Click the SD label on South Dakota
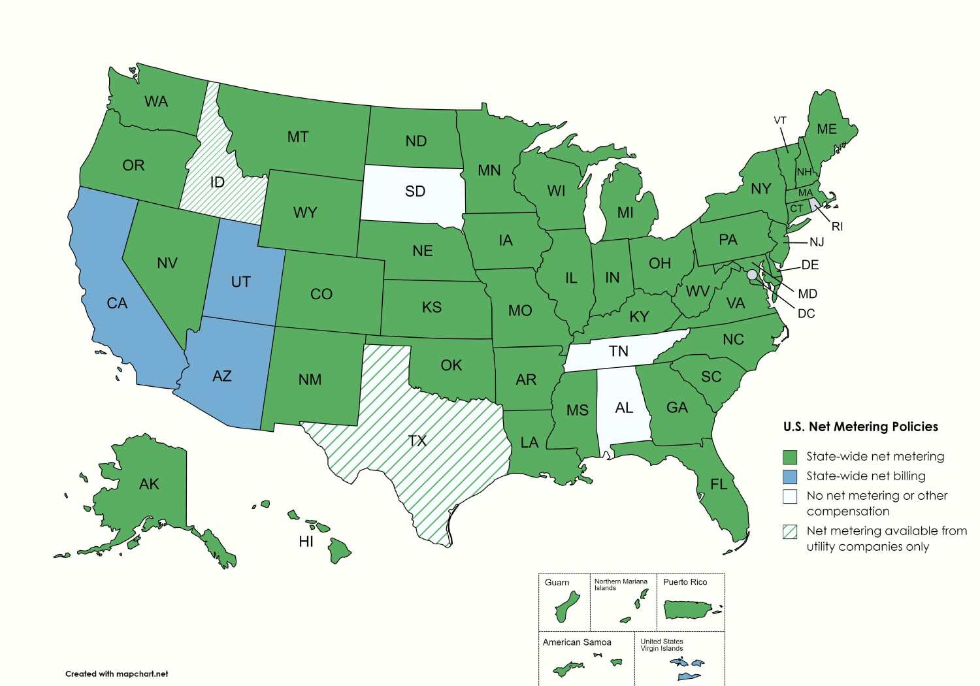(415, 191)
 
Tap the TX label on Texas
(417, 441)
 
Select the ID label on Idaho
(218, 182)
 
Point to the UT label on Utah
(240, 282)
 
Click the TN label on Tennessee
(618, 351)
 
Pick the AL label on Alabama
(624, 408)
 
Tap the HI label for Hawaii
(306, 542)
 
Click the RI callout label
(837, 227)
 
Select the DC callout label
(806, 314)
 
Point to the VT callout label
(780, 121)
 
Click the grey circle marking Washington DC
(752, 274)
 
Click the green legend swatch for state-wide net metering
(790, 457)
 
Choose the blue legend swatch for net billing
(790, 476)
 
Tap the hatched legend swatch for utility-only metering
(790, 531)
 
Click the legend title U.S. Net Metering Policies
(860, 427)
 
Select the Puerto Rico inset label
(685, 582)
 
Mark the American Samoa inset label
(577, 642)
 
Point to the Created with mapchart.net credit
(116, 674)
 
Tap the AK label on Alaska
(149, 484)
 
